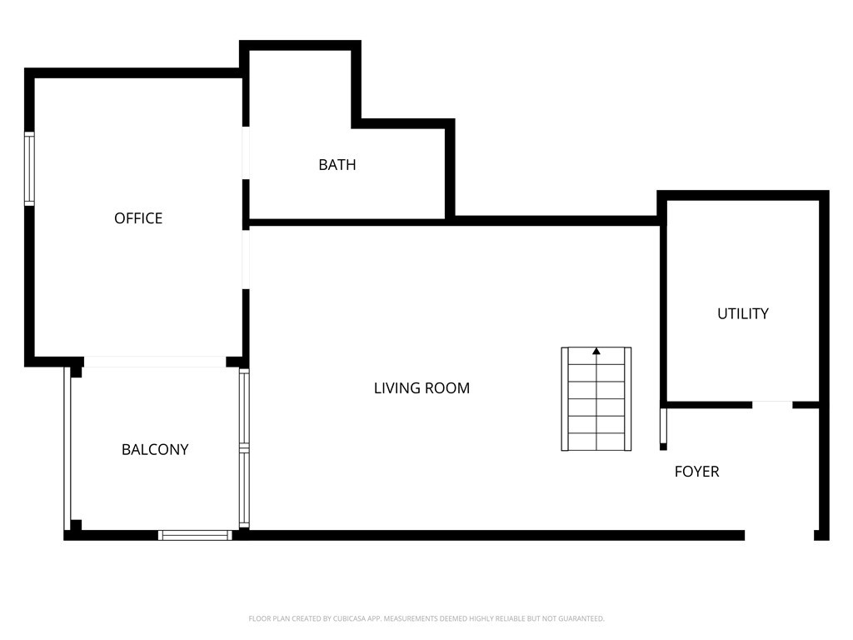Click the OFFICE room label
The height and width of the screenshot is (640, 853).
click(x=138, y=218)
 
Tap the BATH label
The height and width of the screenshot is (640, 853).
click(x=337, y=165)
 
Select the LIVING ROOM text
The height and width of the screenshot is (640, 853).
click(x=422, y=388)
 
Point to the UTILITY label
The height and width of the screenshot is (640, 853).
click(x=743, y=314)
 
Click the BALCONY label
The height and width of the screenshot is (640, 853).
click(x=155, y=450)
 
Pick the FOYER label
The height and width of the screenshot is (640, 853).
click(x=696, y=472)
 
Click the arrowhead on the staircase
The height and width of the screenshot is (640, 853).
click(x=596, y=352)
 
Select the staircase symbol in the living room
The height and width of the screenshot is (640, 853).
click(x=596, y=399)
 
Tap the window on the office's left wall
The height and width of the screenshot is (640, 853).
click(x=29, y=169)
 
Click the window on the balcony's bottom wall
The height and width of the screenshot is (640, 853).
click(x=195, y=535)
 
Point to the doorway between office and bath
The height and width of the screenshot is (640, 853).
click(x=246, y=152)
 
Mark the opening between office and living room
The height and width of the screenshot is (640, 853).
click(x=246, y=259)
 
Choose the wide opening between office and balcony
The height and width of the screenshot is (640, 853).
click(x=155, y=362)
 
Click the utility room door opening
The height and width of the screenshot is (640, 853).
click(x=772, y=405)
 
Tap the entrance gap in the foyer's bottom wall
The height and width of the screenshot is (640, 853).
click(x=779, y=535)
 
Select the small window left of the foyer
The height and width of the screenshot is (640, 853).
click(x=664, y=427)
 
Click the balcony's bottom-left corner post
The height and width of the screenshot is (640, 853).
click(x=76, y=525)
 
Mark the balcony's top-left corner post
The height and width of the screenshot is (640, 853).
click(x=76, y=372)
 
